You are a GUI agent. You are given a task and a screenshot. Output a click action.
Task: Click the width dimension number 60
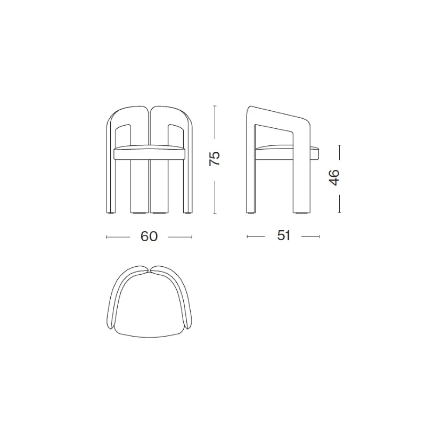pyautogui.click(x=149, y=236)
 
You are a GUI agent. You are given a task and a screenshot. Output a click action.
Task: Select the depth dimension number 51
pyautogui.click(x=284, y=235)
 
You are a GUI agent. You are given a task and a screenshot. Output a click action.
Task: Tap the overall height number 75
pyautogui.click(x=215, y=158)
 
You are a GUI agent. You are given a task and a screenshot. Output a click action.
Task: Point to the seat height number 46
pyautogui.click(x=334, y=177)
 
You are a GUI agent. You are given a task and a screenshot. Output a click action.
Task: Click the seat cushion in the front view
pyautogui.click(x=149, y=152)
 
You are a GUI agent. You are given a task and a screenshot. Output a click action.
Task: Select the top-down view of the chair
pyautogui.click(x=149, y=301)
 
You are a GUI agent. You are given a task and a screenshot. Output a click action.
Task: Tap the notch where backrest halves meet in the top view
pyautogui.click(x=150, y=271)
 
